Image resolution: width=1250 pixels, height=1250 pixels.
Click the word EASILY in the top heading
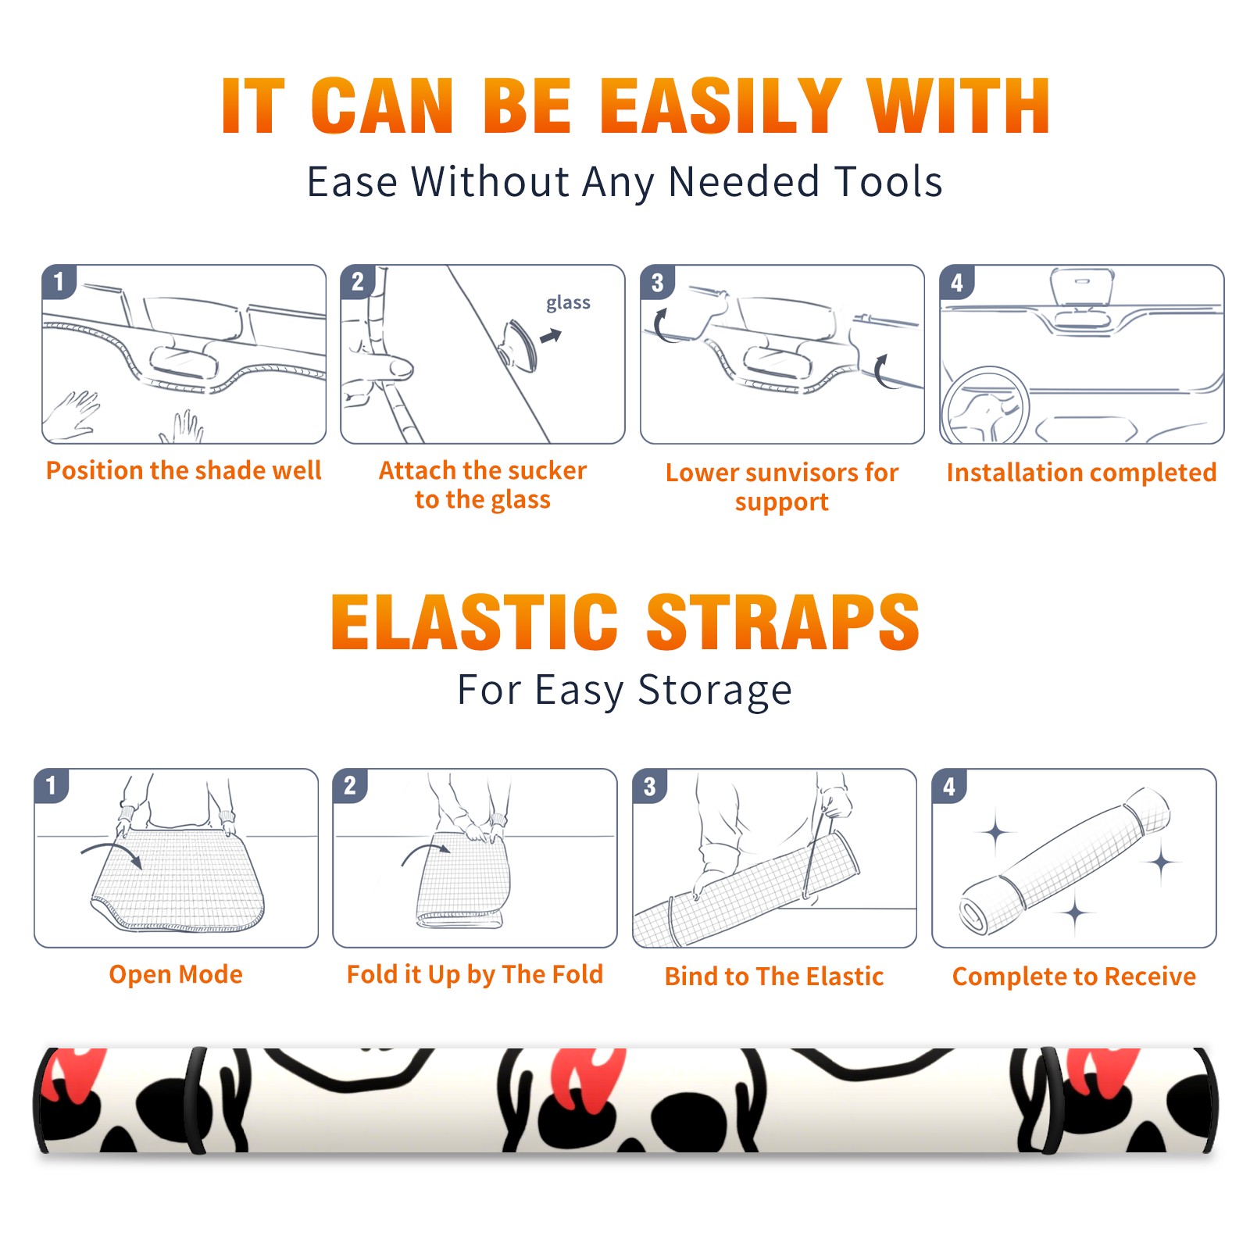[720, 106]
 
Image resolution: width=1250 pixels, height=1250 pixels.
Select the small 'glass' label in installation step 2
[568, 302]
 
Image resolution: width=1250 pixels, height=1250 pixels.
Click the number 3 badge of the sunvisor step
[657, 282]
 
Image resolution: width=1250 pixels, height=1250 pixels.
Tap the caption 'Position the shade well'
[184, 470]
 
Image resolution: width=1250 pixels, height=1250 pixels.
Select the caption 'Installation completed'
[1081, 473]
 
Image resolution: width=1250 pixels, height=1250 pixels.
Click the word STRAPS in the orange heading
[783, 622]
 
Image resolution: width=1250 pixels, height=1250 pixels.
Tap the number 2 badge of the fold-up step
[350, 785]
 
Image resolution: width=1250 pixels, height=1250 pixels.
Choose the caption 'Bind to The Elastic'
[773, 977]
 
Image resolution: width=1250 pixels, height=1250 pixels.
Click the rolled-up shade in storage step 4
[1064, 860]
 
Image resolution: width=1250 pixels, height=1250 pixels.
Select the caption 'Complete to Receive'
[1073, 977]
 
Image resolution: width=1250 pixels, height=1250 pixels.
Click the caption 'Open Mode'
[176, 974]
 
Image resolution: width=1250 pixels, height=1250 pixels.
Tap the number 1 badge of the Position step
[59, 281]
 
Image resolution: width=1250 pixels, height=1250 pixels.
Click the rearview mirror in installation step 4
[1082, 287]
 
